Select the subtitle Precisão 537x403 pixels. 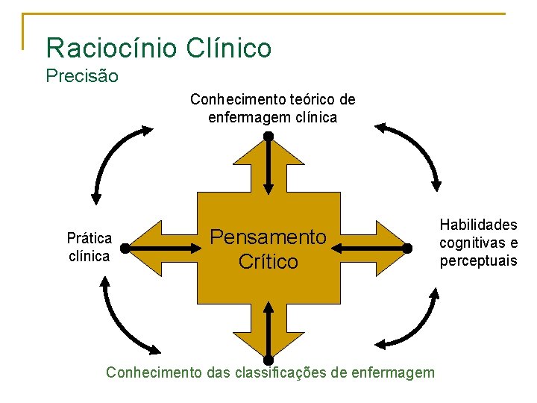[82, 76]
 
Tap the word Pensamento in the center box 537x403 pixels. [268, 237]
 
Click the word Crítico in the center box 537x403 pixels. [268, 262]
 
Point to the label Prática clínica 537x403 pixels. [89, 247]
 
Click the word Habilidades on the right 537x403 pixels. [478, 225]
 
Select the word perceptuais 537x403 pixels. [478, 261]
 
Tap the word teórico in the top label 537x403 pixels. [314, 99]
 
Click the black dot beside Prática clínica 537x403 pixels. [125, 247]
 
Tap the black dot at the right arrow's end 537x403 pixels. [408, 247]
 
